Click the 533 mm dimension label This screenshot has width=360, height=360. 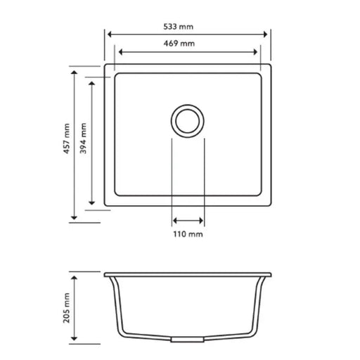point(186,27)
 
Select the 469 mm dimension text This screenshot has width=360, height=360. point(186,44)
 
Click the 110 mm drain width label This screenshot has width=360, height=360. point(188,233)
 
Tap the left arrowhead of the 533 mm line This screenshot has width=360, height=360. point(108,34)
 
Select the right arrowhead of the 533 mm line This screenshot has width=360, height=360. point(267,34)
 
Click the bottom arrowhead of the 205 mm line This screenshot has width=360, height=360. point(75,343)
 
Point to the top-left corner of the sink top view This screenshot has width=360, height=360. point(105,65)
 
